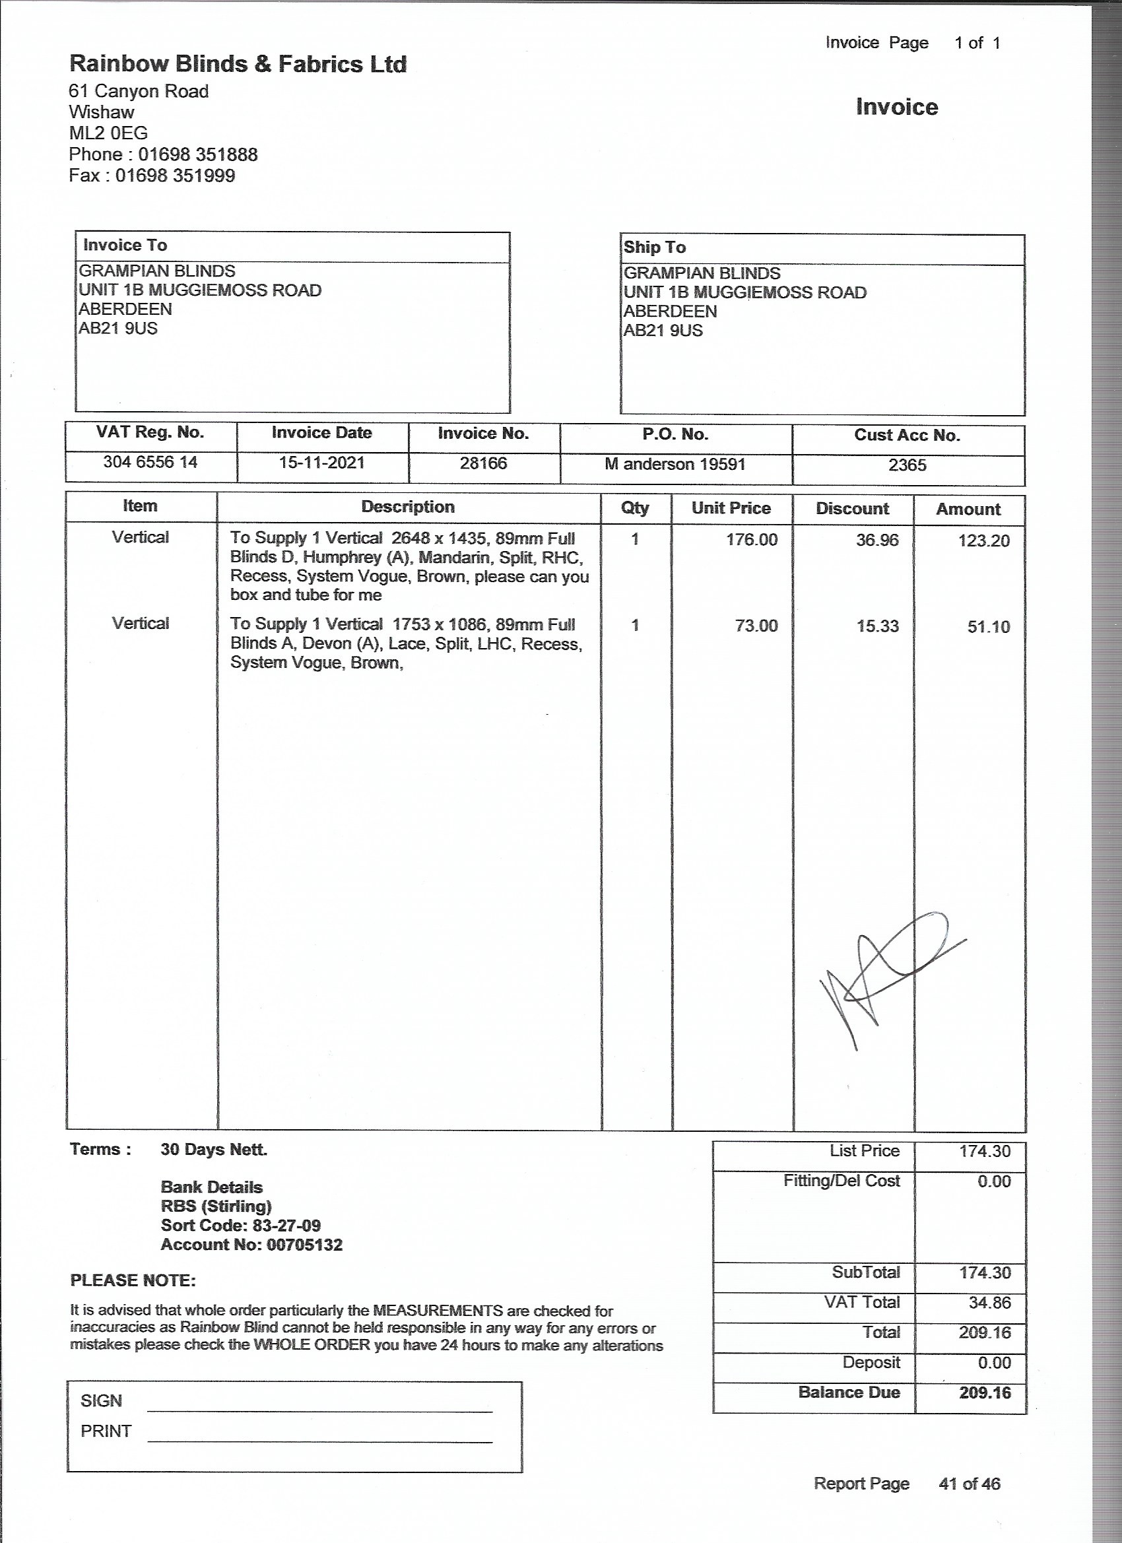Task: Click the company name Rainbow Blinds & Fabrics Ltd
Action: (238, 64)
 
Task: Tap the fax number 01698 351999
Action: (175, 176)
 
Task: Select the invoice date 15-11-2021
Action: (322, 463)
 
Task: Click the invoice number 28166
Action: (483, 463)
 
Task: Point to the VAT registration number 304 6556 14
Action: (150, 462)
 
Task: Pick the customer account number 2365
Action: (907, 465)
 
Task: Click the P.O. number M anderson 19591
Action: (675, 464)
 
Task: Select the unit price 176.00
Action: (751, 539)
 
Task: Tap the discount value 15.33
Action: (877, 626)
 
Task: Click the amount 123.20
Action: (984, 541)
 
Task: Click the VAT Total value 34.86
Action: (985, 1302)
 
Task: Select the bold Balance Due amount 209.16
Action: (985, 1392)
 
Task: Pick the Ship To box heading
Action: (655, 247)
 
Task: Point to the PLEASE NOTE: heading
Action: (133, 1280)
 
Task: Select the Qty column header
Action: (635, 508)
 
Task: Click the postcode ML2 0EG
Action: (108, 133)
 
